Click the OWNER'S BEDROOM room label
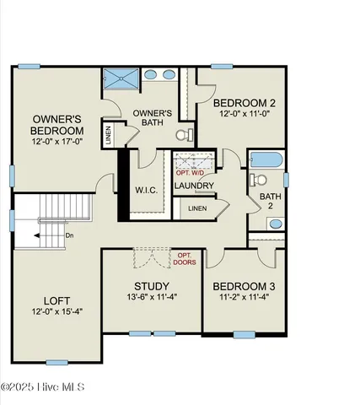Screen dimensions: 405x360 point(57,125)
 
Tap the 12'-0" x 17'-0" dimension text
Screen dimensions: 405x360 point(57,143)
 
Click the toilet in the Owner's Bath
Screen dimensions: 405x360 point(181,134)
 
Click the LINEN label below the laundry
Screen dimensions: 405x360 point(196,208)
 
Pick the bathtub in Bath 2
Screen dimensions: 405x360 point(266,159)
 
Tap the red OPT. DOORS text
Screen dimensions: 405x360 point(184,257)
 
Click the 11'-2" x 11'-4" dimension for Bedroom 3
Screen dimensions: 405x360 point(244,297)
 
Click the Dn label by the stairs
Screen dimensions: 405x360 point(57,237)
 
